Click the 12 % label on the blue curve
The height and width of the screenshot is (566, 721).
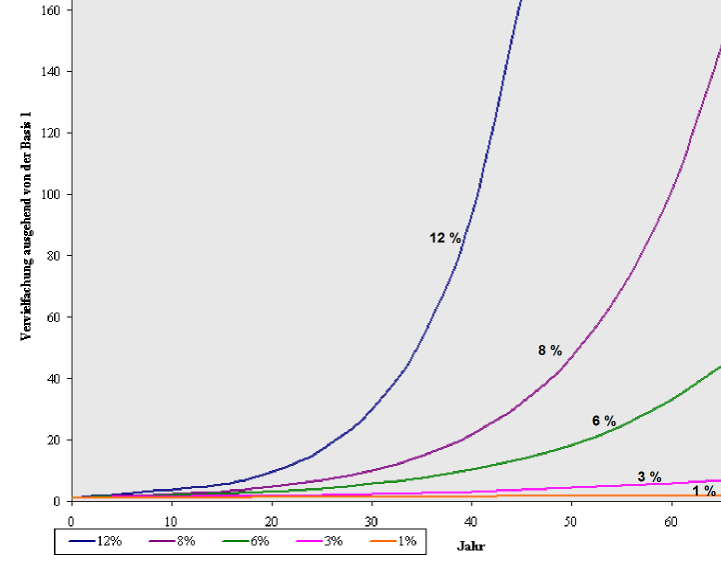click(445, 238)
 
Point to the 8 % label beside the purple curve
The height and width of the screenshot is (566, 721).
click(549, 350)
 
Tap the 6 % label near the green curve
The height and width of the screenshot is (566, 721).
click(603, 421)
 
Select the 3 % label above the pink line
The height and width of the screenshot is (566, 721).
click(649, 477)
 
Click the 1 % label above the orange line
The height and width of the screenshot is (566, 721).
click(704, 491)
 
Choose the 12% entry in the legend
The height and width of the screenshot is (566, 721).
click(96, 541)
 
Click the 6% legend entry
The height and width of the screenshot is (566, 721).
click(244, 541)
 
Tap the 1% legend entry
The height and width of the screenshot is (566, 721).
click(391, 541)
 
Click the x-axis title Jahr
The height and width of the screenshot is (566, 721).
click(470, 547)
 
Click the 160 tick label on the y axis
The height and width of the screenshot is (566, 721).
click(51, 10)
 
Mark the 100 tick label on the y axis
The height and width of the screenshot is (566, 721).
click(51, 194)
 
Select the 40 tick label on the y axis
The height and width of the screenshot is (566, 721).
click(54, 378)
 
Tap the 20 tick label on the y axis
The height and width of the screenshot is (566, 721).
click(54, 440)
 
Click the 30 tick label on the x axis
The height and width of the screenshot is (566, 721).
click(371, 522)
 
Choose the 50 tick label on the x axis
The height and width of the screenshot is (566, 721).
click(571, 522)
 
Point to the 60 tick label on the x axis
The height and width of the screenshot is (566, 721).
click(671, 522)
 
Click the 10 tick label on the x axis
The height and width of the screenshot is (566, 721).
click(171, 522)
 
